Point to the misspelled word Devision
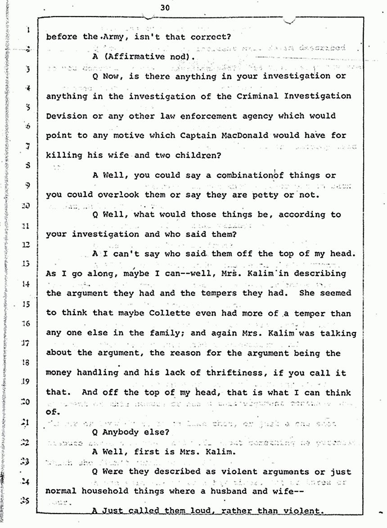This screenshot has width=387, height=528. pyautogui.click(x=67, y=116)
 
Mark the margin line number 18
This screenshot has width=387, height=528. pyautogui.click(x=27, y=362)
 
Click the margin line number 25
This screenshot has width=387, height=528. pyautogui.click(x=27, y=500)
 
